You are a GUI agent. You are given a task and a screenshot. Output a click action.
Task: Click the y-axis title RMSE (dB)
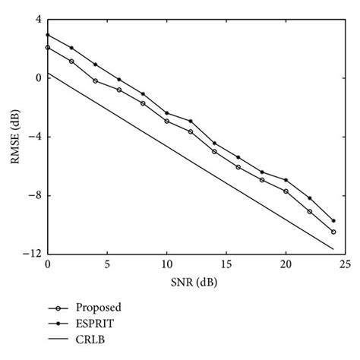[x=15, y=137]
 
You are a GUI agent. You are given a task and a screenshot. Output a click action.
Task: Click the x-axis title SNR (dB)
[x=195, y=282]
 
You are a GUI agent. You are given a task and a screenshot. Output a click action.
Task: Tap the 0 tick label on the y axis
[x=36, y=78]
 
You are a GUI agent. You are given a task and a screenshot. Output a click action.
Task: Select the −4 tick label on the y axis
[x=33, y=137]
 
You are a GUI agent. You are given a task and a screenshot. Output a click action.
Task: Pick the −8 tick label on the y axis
[x=33, y=195]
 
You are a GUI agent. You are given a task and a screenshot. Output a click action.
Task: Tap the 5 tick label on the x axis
[x=107, y=264]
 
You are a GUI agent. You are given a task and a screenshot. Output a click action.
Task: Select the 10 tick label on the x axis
[x=166, y=264]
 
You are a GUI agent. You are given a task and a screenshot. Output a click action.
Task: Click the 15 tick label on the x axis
[x=226, y=264]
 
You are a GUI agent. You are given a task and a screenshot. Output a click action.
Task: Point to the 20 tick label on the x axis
[x=286, y=264]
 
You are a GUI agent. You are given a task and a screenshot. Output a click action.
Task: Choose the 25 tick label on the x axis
[x=345, y=264]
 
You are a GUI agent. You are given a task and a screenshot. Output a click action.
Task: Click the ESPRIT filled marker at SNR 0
[x=47, y=35]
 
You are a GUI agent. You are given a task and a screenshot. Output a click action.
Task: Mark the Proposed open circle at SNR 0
[x=47, y=48]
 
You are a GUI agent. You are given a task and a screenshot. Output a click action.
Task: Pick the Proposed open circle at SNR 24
[x=333, y=232]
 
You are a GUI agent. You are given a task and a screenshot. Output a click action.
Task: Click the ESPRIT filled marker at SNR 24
[x=333, y=220]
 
